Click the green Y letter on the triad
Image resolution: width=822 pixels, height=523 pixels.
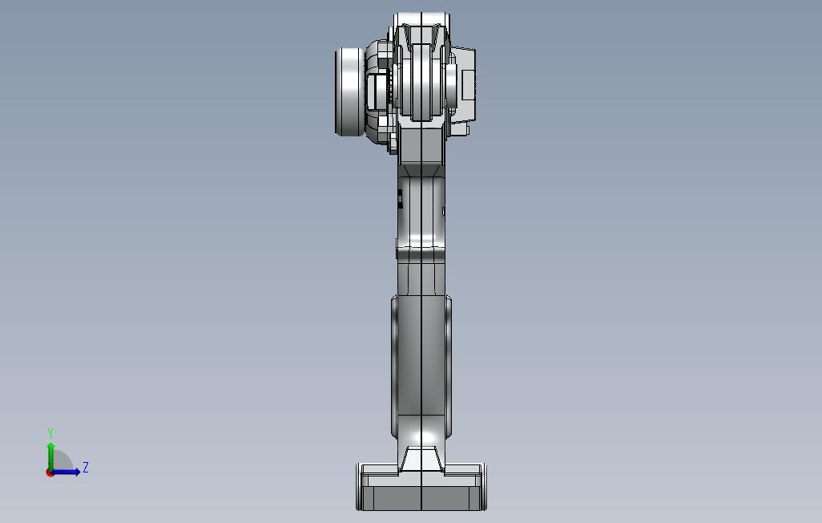[x=50, y=432]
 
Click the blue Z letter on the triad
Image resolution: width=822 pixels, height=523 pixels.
[x=86, y=468]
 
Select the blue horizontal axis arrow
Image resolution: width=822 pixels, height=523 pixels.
[x=66, y=472]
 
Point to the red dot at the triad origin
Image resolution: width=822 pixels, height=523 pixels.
[x=50, y=473]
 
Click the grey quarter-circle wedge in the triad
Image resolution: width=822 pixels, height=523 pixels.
[x=62, y=460]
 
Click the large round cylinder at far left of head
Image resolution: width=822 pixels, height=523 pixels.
[x=349, y=92]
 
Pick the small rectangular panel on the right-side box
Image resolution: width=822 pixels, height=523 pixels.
[x=468, y=84]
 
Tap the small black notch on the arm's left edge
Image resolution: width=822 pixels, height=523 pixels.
[x=400, y=199]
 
